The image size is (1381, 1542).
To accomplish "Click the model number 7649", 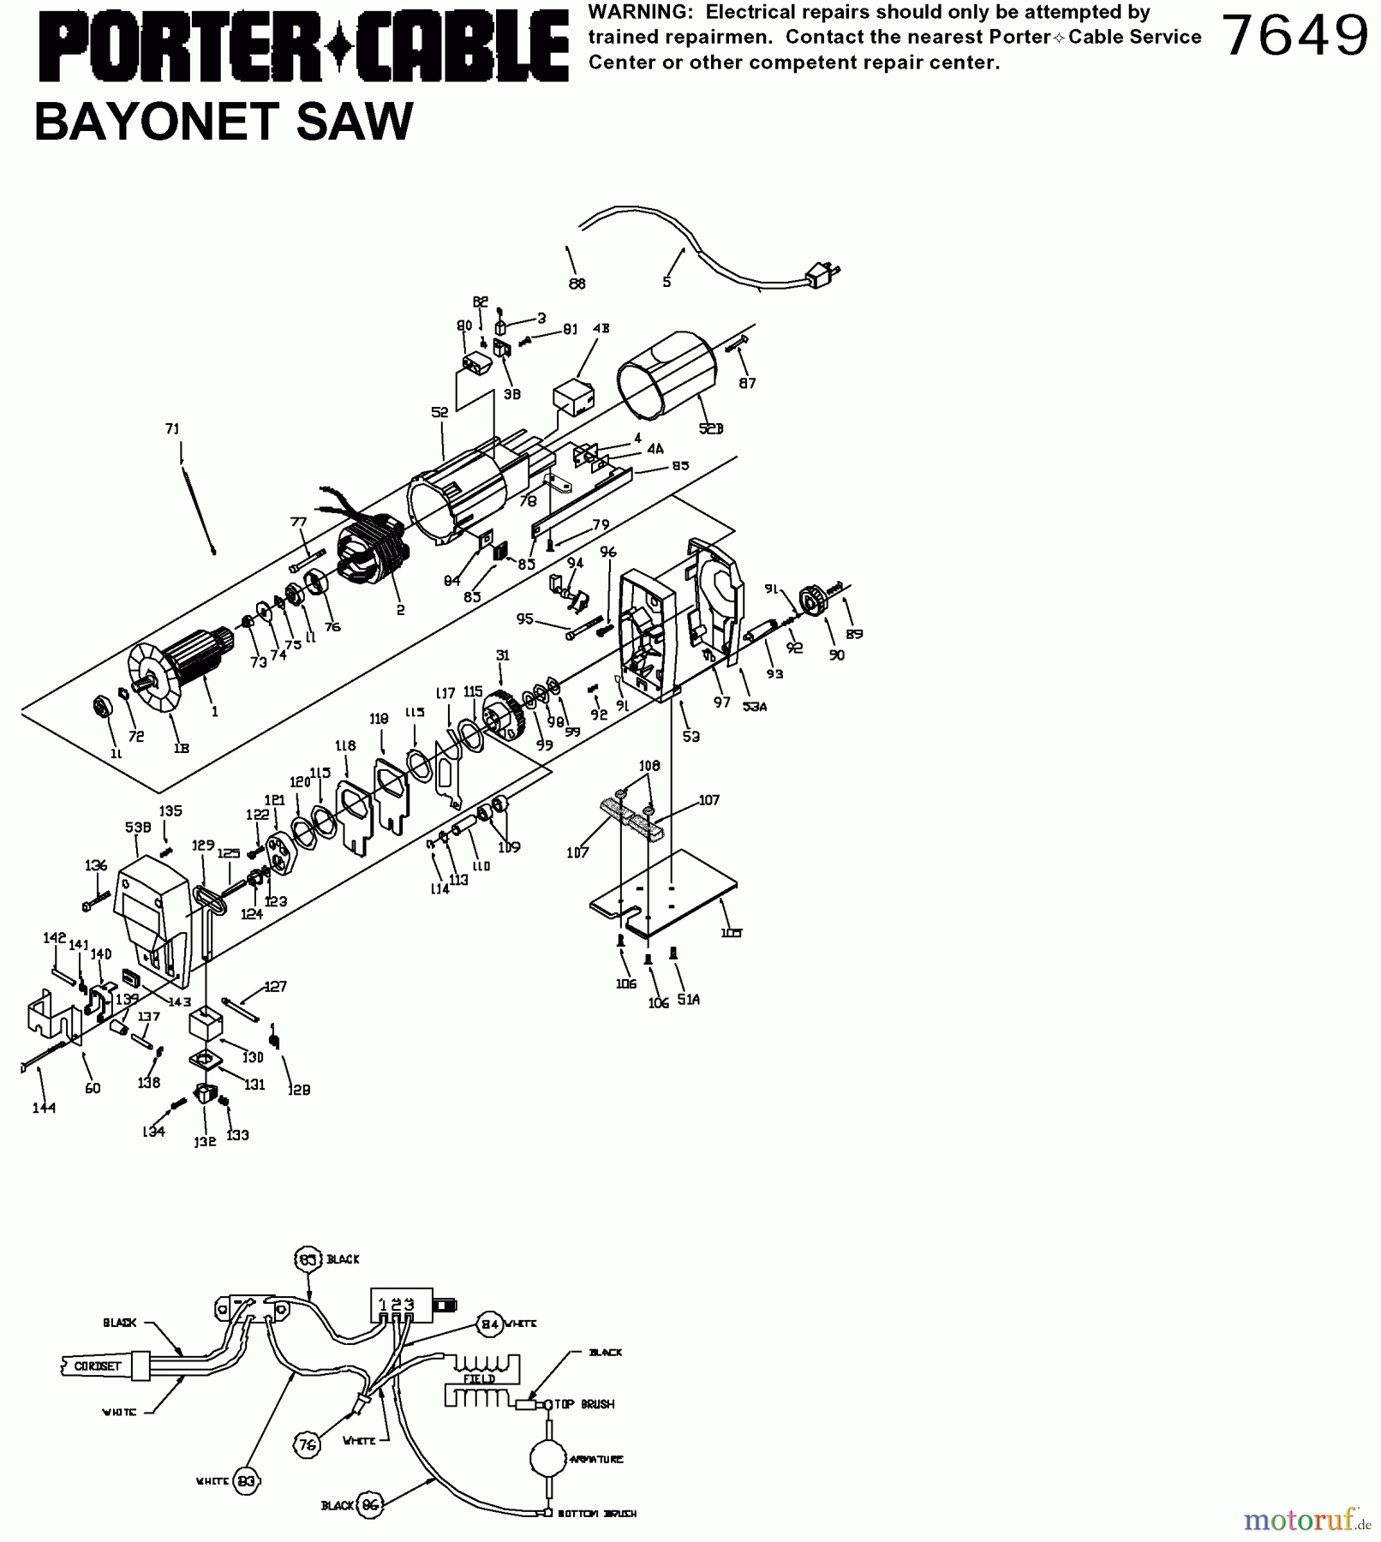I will coord(1294,36).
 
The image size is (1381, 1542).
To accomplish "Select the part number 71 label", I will coord(172,429).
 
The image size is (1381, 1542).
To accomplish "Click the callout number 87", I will coord(747,383).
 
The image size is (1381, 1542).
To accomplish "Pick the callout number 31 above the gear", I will coord(502,655).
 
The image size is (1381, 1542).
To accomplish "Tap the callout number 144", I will coord(44,1108).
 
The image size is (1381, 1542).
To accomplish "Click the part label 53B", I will coord(138,828).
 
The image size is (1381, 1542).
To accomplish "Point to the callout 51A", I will coord(688,999).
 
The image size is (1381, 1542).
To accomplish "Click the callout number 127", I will coord(275,986).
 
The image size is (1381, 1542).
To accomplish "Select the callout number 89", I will coord(853,634).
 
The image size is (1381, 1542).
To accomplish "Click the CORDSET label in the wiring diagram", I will coord(98,1366).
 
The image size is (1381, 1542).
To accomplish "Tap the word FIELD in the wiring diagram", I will coord(479,1378).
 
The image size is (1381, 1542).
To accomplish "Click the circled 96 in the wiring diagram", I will coord(370,1505).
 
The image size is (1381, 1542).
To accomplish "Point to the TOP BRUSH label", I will coord(584,1404).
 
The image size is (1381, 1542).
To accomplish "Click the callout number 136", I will coord(96,865).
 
